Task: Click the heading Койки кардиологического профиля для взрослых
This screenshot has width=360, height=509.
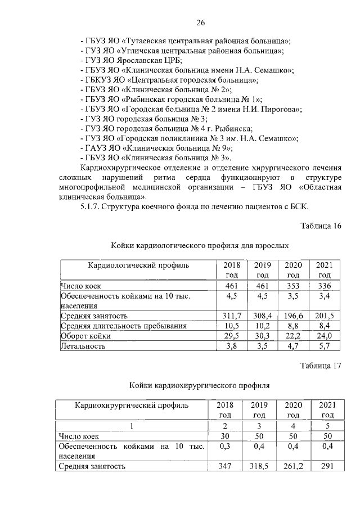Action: click(x=200, y=246)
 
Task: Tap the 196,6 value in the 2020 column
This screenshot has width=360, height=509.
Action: click(x=292, y=316)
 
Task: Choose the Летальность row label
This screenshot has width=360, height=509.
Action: click(x=83, y=346)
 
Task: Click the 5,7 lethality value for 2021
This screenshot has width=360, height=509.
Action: click(x=324, y=346)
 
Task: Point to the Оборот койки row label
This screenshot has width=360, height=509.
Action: click(x=85, y=336)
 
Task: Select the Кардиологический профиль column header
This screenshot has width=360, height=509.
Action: click(x=137, y=265)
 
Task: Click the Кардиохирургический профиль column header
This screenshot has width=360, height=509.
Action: click(x=133, y=405)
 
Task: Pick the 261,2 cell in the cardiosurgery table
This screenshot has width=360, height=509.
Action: click(x=293, y=466)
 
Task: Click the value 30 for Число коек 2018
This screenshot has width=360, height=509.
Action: click(x=225, y=435)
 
